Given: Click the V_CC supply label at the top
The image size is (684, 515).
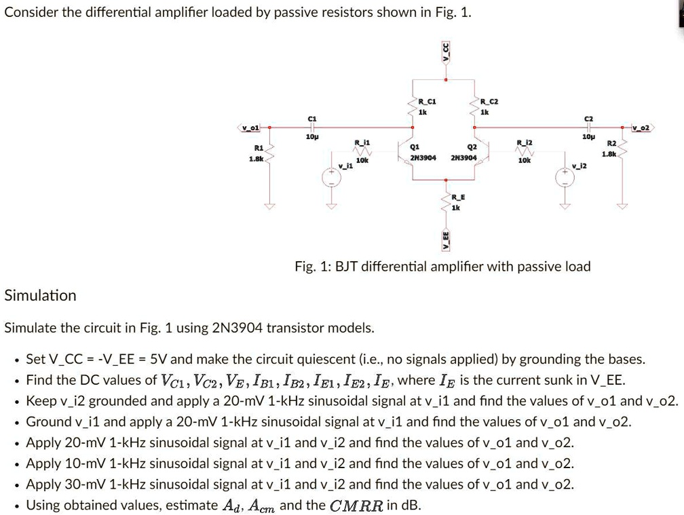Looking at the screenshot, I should (x=446, y=51).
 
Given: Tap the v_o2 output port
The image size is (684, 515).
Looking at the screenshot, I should (x=641, y=127).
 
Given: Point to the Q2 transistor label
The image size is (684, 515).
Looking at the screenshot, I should (x=472, y=146).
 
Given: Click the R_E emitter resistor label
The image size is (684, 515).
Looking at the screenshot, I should (x=459, y=197).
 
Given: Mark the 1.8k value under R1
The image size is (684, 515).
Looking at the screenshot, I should (x=256, y=159).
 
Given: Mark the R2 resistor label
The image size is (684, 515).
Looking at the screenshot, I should (x=611, y=143).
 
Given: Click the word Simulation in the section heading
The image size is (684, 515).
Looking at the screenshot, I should (x=41, y=296).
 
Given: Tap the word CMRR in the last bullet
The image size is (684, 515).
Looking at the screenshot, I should (x=356, y=506).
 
